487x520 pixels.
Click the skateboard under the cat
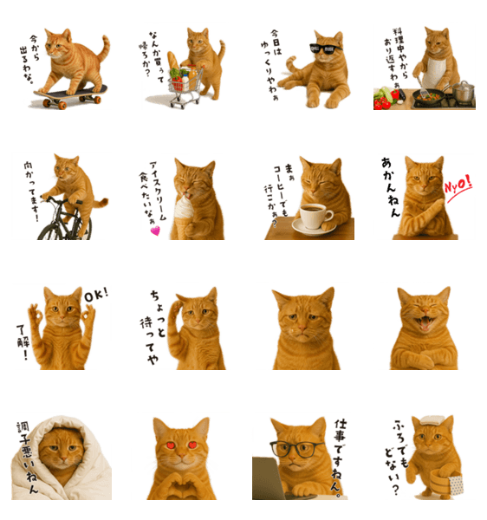click(x=70, y=95)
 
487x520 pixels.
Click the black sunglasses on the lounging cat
click(x=325, y=49)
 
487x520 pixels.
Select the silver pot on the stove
click(x=463, y=92)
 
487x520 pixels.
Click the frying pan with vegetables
click(x=428, y=96)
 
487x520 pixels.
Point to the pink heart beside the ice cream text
click(x=155, y=231)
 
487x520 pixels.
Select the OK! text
click(x=96, y=295)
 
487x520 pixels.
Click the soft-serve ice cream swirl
click(x=182, y=206)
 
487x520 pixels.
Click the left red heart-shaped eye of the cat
click(x=171, y=445)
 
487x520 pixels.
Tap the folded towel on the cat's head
click(x=432, y=419)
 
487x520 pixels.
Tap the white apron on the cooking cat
click(x=434, y=73)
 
